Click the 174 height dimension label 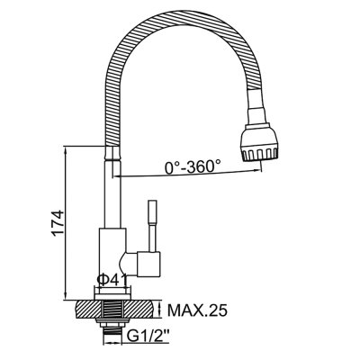click(58, 223)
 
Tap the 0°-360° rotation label click(193, 166)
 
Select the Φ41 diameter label click(112, 280)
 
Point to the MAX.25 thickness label click(197, 310)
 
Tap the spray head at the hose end click(258, 141)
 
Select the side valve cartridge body click(149, 264)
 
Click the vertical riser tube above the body click(112, 194)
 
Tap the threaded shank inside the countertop click(113, 310)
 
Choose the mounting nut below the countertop click(113, 323)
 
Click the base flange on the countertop click(112, 295)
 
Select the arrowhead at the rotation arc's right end click(256, 170)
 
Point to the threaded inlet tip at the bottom click(113, 334)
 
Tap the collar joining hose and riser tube click(112, 154)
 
